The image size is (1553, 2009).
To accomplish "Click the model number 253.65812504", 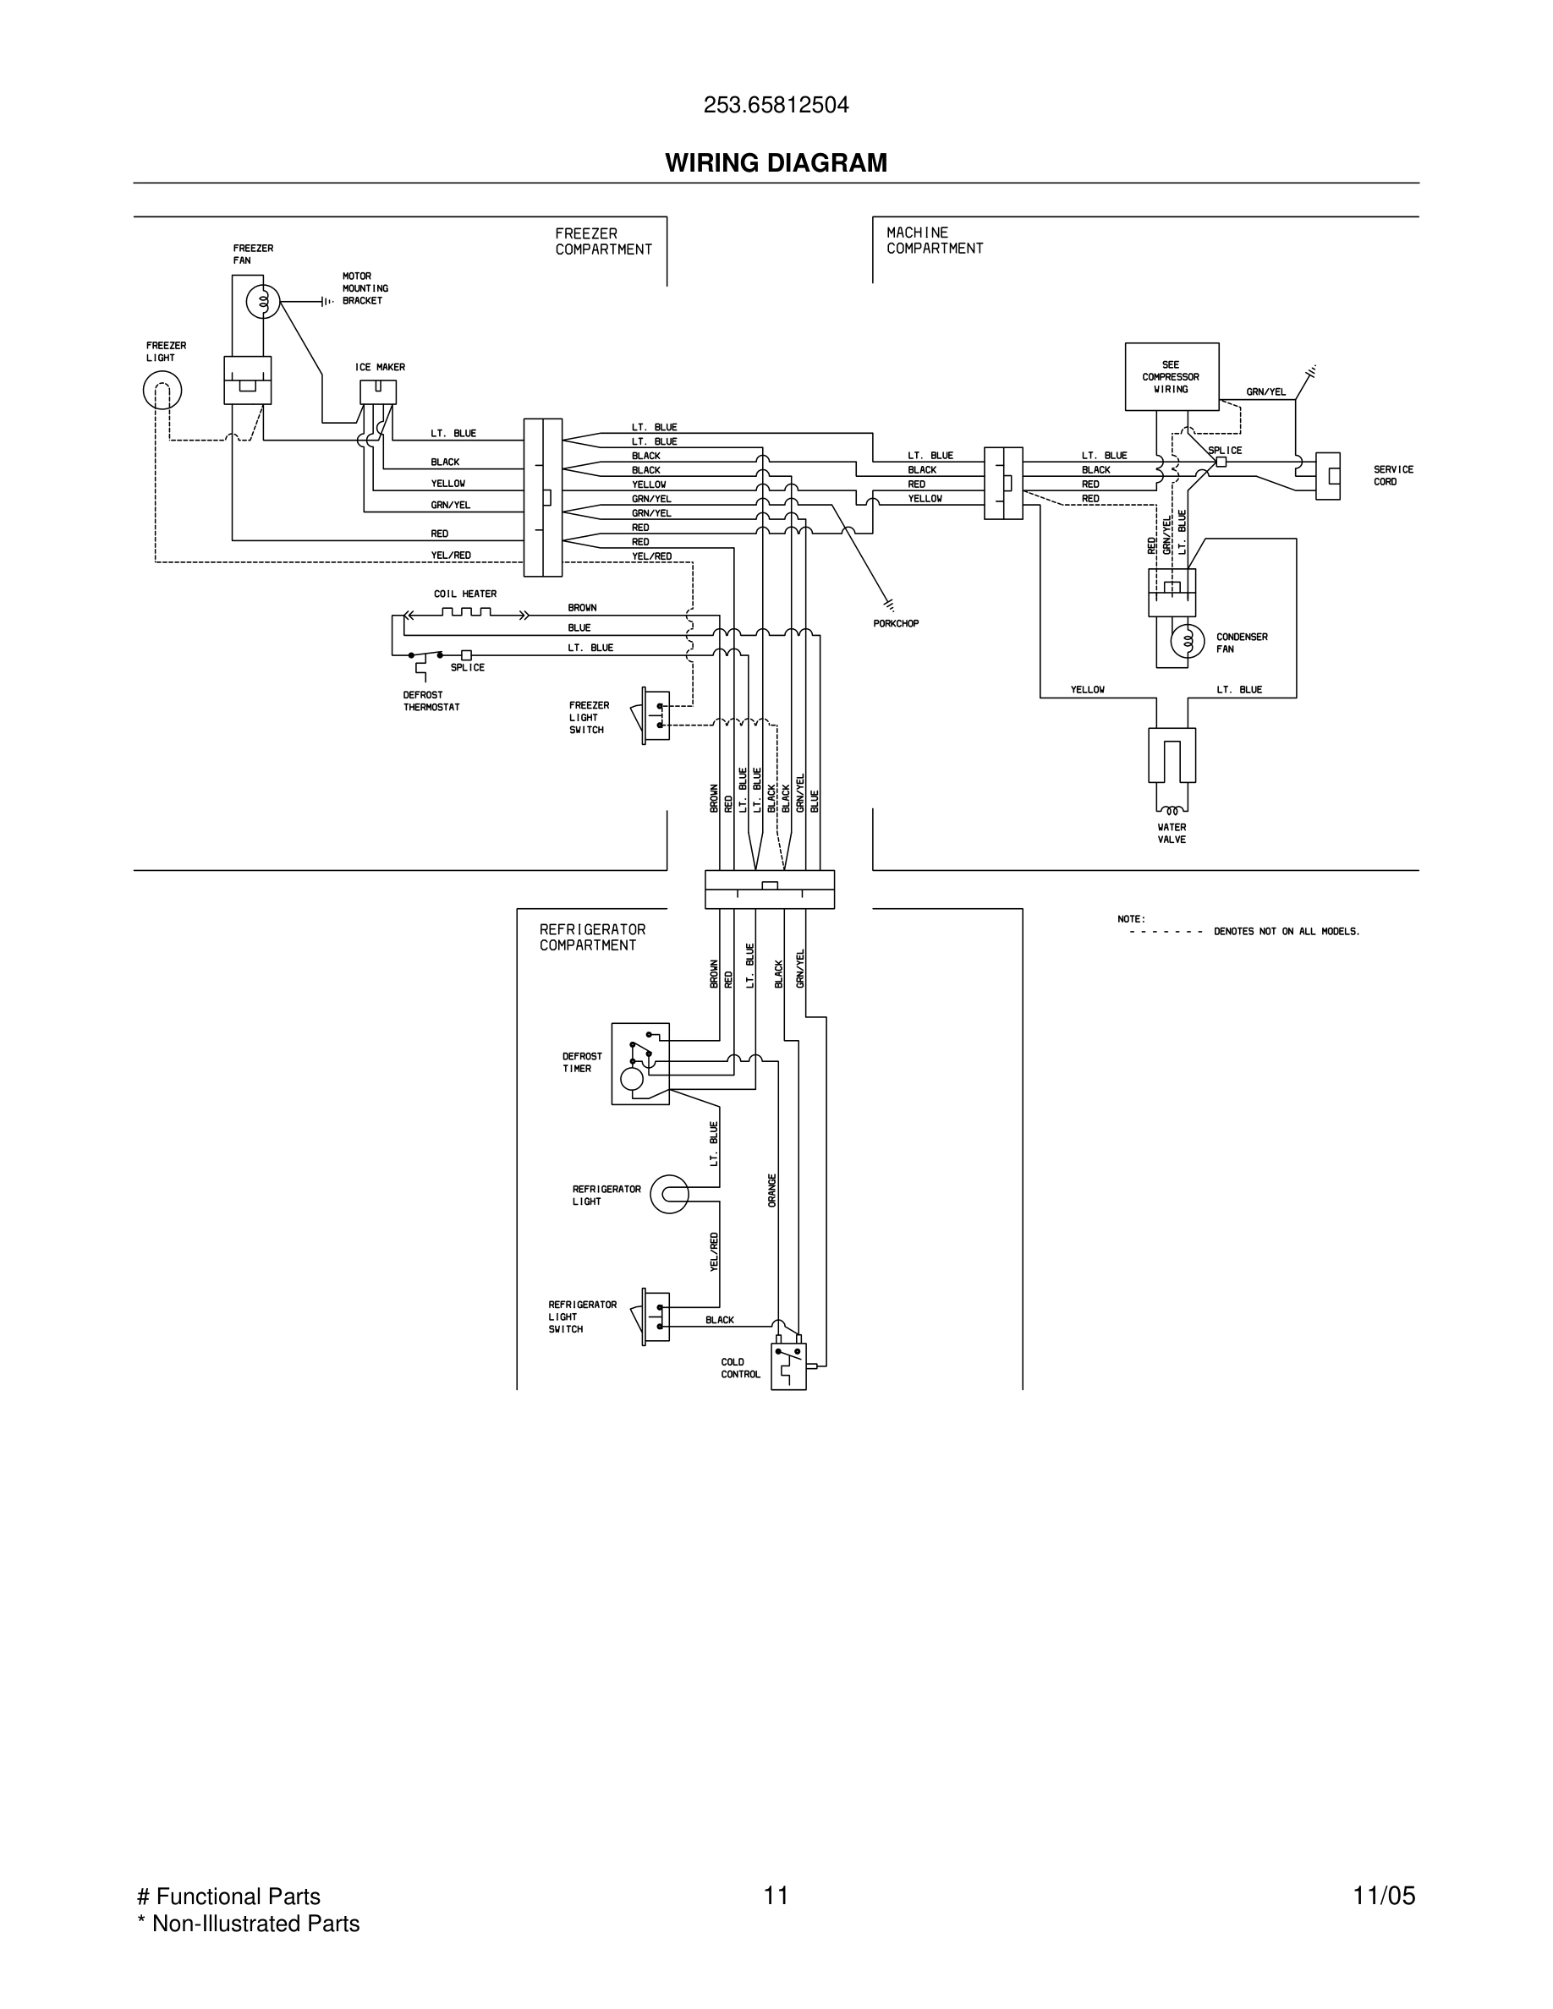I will click(776, 106).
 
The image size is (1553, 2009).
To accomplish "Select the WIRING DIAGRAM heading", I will click(776, 163).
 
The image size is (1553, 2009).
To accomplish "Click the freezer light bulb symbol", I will click(162, 391).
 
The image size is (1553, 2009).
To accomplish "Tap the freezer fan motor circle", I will click(263, 301).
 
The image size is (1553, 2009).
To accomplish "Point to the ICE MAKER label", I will click(380, 367).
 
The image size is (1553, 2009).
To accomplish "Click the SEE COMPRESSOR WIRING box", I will click(1172, 377).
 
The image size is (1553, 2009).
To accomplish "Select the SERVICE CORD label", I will click(1393, 475).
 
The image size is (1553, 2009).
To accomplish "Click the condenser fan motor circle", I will click(1187, 641).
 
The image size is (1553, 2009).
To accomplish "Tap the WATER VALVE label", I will click(1172, 834).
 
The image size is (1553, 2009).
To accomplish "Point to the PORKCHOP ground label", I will click(895, 624).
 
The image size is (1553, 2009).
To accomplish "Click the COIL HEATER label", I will click(464, 594).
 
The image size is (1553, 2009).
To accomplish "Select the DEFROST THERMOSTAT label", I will click(431, 701).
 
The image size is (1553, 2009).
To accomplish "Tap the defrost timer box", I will click(640, 1064).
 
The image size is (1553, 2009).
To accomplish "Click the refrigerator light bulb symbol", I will click(669, 1194).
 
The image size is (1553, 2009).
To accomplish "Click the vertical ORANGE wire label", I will click(772, 1191).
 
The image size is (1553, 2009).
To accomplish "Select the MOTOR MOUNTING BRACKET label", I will click(365, 288).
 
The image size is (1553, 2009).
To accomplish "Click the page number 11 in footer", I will click(776, 1895).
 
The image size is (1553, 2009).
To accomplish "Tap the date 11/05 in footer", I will click(1384, 1895).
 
